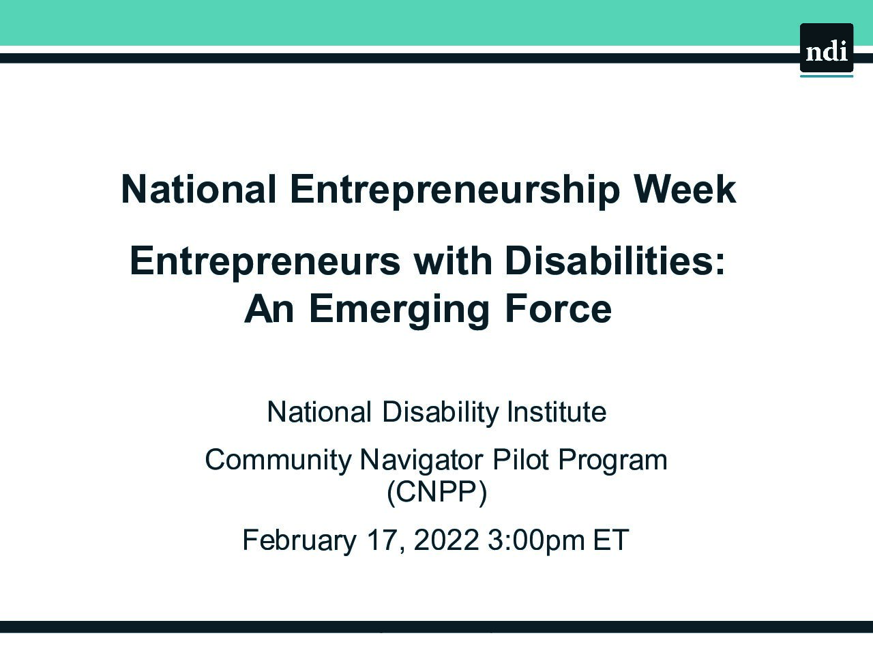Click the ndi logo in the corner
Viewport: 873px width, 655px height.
tap(827, 49)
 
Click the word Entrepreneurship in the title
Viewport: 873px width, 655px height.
tap(455, 191)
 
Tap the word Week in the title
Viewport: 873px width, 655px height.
tap(685, 189)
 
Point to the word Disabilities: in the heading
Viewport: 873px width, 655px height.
tap(615, 261)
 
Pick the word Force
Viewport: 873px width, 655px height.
tap(559, 308)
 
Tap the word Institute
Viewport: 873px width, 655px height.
tap(557, 411)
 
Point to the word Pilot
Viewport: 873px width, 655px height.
tap(521, 459)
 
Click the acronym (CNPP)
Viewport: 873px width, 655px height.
tap(436, 493)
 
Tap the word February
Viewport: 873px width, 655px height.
tap(299, 541)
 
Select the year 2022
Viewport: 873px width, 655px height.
tap(446, 540)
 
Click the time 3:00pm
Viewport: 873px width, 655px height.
tap(536, 541)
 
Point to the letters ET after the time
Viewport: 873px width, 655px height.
tap(611, 540)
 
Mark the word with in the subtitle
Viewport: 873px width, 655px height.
tap(453, 261)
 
